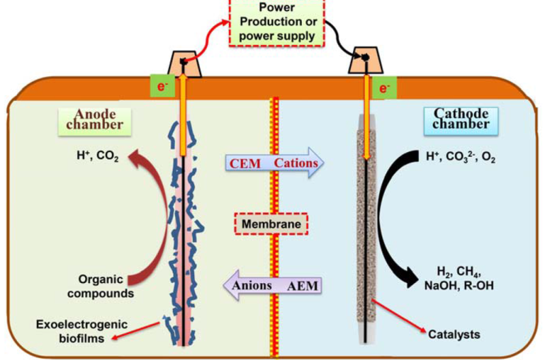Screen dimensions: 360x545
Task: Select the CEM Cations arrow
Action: tap(272, 164)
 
